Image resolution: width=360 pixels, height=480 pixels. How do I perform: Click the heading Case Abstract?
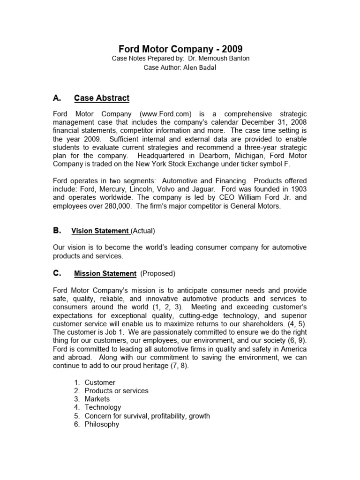[x=102, y=98]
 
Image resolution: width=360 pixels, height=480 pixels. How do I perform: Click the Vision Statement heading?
[x=100, y=231]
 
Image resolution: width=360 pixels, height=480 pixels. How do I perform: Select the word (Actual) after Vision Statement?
[x=143, y=231]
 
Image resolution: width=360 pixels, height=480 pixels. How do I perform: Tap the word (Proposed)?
[x=158, y=273]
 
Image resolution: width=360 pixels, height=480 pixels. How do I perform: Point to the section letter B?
[x=57, y=230]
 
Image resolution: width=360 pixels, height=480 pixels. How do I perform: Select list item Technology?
[x=103, y=407]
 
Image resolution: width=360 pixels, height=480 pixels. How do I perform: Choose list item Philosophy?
[x=102, y=424]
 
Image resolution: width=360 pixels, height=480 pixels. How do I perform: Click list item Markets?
[x=97, y=399]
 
